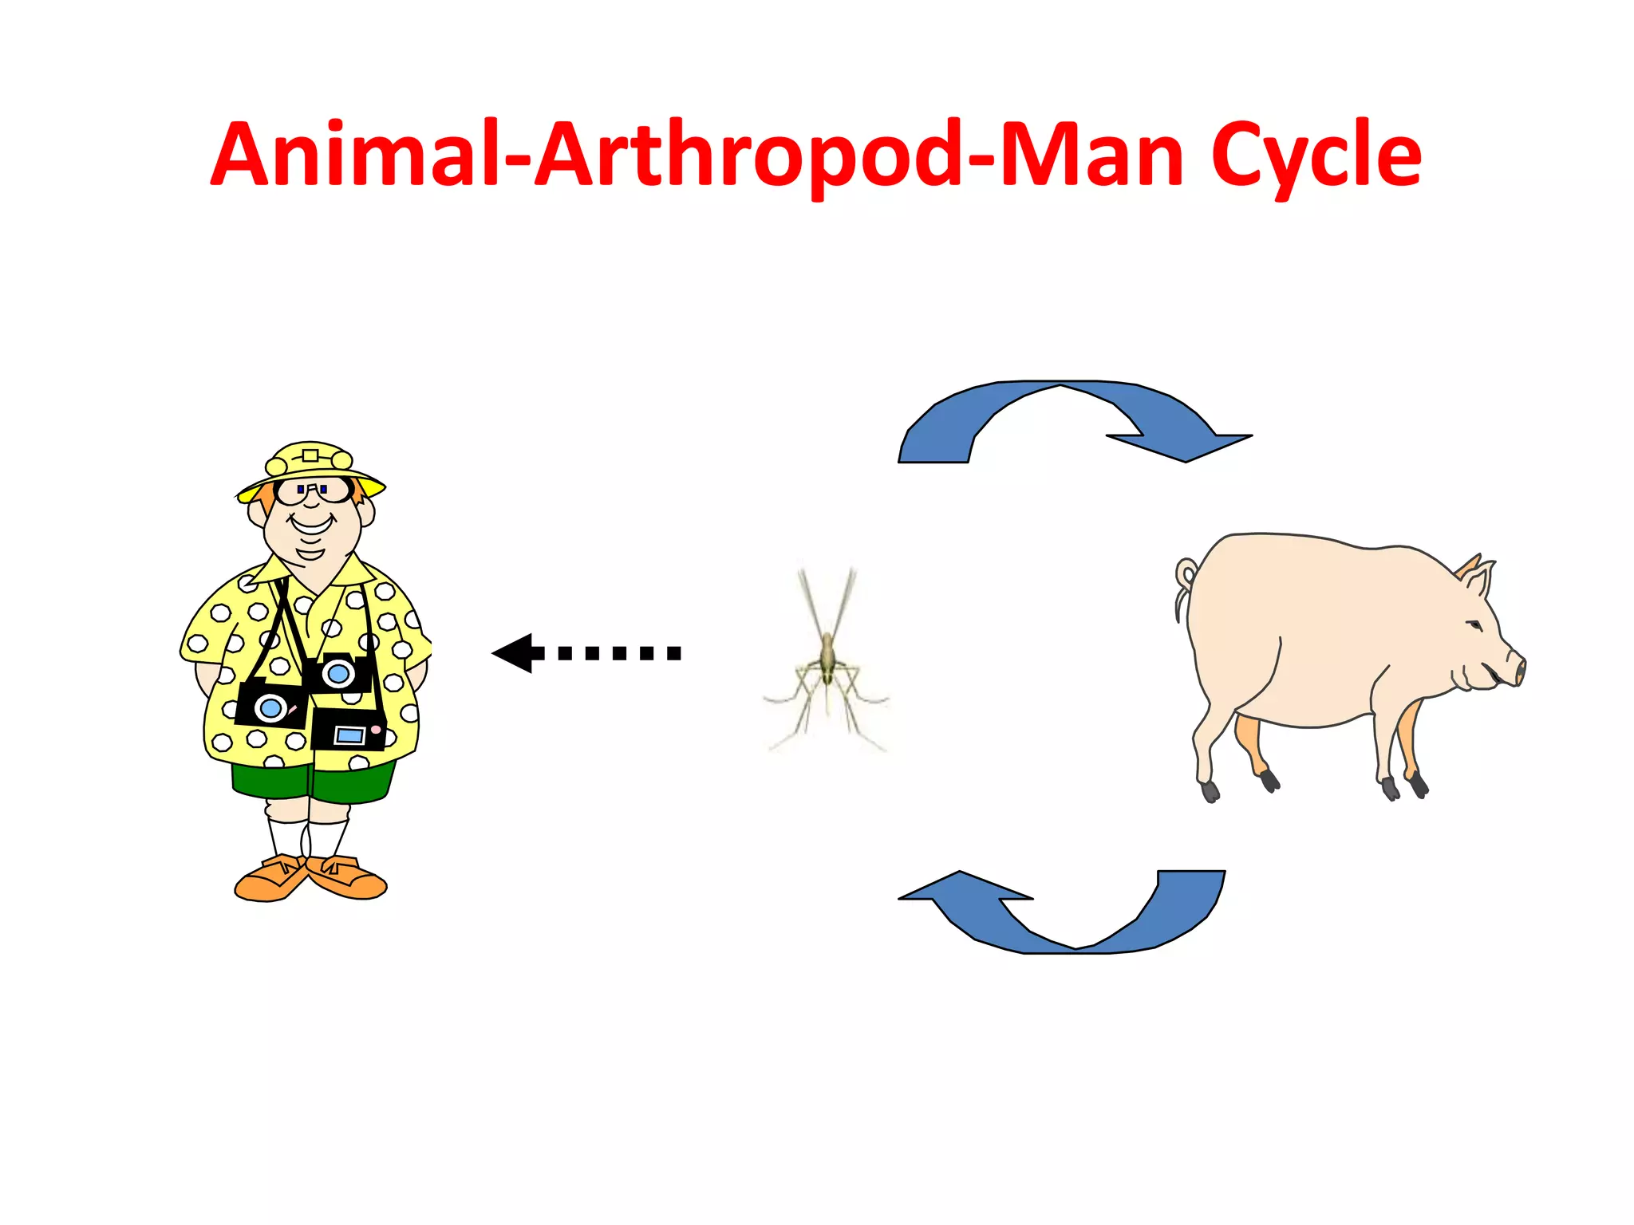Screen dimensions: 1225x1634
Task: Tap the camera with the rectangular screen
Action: (x=349, y=731)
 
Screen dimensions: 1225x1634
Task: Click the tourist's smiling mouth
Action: (x=310, y=525)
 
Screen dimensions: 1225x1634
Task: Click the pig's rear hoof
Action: (x=1210, y=791)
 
